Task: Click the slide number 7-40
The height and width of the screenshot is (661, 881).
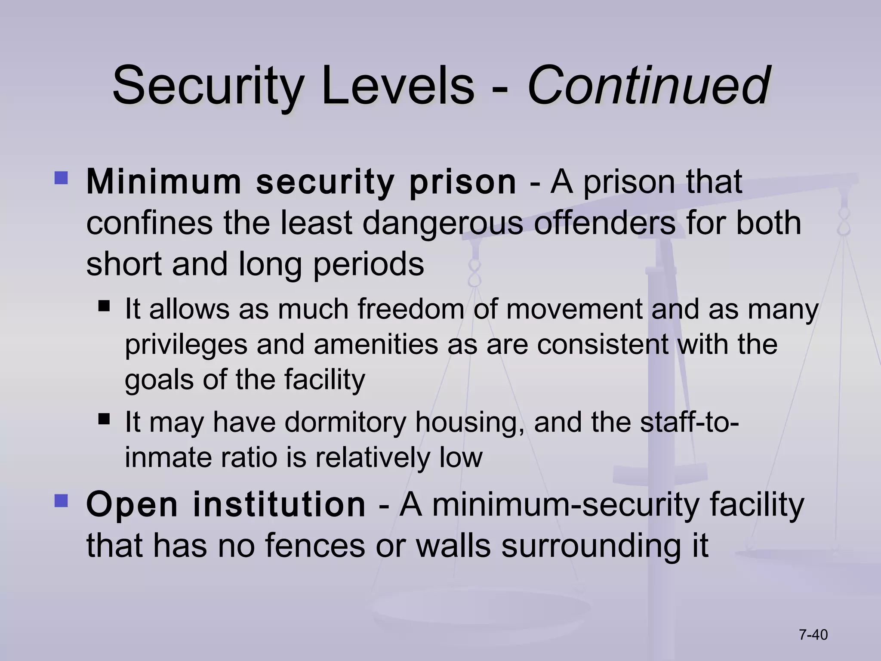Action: coord(813,635)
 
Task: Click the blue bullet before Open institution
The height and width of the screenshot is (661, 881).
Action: coord(61,500)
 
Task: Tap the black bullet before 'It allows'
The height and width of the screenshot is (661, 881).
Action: coord(104,306)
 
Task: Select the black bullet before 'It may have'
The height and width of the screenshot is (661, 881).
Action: coord(104,419)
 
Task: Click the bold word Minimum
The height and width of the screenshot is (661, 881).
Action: coord(164,182)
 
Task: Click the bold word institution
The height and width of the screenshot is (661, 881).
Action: coord(279,504)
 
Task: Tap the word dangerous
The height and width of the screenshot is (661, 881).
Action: coord(443,223)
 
